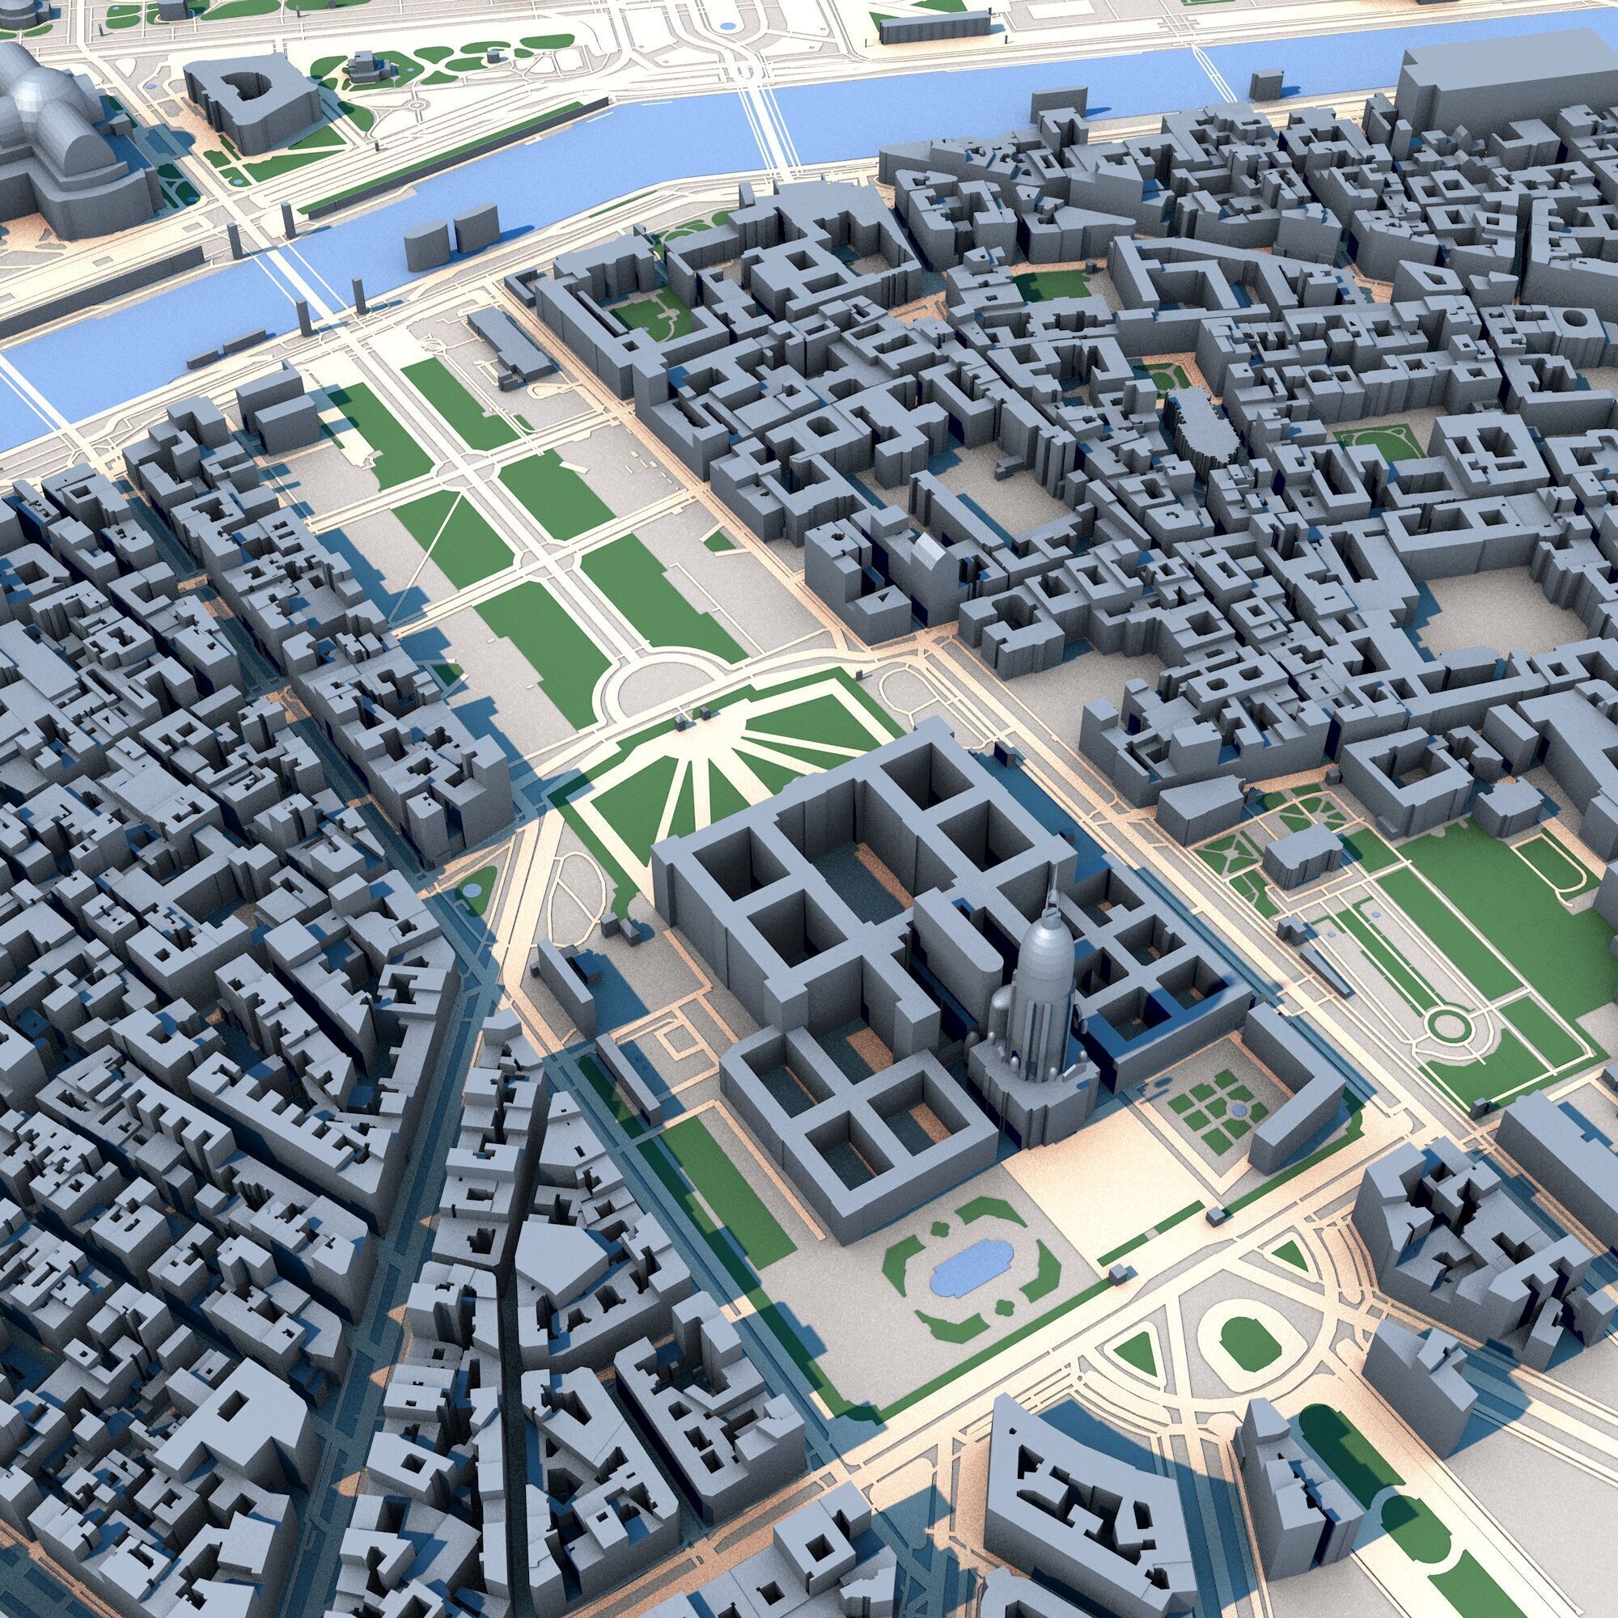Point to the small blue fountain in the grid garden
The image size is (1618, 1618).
1238,1110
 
